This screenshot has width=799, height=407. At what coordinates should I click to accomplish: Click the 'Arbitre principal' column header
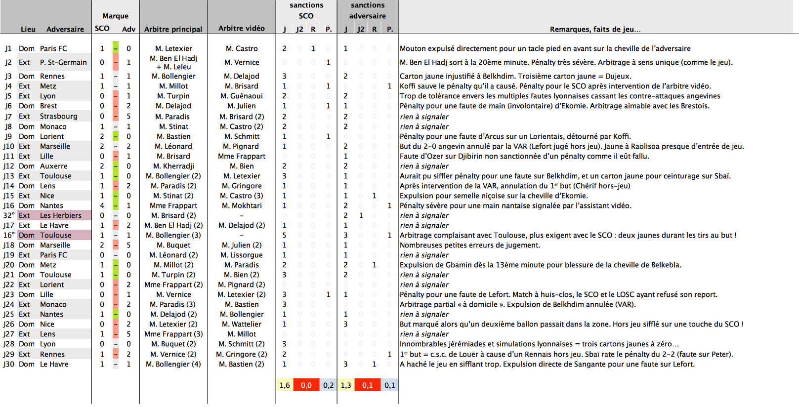tap(173, 29)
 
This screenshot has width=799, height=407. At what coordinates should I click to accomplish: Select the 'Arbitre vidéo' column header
tap(242, 28)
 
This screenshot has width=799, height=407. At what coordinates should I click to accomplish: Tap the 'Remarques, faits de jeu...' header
tap(595, 29)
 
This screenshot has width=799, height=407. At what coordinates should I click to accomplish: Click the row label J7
tap(8, 117)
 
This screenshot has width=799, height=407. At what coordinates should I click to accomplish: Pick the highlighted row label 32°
tap(9, 215)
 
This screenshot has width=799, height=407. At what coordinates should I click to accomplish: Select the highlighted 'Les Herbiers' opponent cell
tap(61, 215)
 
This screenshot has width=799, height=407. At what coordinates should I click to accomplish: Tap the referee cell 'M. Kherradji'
tap(173, 166)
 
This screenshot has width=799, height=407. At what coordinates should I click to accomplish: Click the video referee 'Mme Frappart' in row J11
tap(242, 156)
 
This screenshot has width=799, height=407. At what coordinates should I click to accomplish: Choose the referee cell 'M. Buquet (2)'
tap(173, 344)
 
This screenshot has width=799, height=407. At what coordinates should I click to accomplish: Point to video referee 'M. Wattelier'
tap(242, 324)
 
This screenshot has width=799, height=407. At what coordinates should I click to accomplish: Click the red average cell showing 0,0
tap(306, 385)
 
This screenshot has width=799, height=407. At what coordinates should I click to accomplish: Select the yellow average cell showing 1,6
tap(285, 385)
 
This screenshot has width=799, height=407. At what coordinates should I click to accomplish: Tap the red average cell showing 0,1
tap(368, 385)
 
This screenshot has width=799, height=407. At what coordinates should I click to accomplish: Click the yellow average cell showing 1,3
tap(346, 385)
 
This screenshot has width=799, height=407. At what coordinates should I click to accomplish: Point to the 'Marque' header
tap(115, 16)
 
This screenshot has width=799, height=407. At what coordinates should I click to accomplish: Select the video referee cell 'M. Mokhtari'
tap(242, 205)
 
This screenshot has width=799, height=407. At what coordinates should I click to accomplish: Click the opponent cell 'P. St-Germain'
tap(63, 62)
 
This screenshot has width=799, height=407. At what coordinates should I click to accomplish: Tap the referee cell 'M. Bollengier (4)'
tap(173, 364)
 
